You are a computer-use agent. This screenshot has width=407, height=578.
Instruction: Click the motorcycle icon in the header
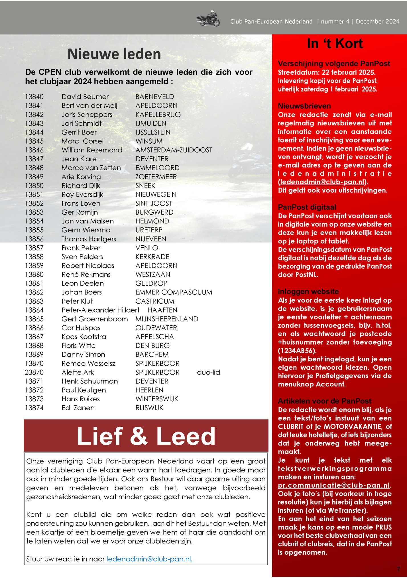[208, 19]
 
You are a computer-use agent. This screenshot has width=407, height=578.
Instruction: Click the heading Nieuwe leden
[114, 54]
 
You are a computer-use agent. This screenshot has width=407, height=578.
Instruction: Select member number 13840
[34, 97]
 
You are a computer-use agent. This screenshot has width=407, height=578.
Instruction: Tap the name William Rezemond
[92, 150]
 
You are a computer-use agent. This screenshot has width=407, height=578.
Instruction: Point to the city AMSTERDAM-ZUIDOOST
[174, 150]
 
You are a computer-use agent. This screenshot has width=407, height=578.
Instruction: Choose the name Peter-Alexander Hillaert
[100, 310]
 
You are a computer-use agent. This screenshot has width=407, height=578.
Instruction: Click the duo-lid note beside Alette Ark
[208, 372]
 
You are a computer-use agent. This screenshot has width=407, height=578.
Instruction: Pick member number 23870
[34, 372]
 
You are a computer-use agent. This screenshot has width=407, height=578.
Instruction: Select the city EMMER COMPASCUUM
[174, 292]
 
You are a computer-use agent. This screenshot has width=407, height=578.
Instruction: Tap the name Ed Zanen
[78, 408]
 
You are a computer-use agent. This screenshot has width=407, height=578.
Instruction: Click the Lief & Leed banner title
[146, 436]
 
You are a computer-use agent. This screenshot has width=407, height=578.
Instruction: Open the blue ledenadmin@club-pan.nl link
[149, 559]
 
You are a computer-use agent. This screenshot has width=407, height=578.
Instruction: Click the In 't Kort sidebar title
[335, 44]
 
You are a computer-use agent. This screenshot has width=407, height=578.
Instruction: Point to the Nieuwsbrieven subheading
[304, 106]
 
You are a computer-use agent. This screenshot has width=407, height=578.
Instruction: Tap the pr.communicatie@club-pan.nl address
[334, 485]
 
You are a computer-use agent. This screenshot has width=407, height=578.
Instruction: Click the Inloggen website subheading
[308, 292]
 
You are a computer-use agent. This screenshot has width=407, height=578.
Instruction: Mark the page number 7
[398, 569]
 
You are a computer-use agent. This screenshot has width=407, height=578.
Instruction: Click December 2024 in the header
[377, 21]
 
